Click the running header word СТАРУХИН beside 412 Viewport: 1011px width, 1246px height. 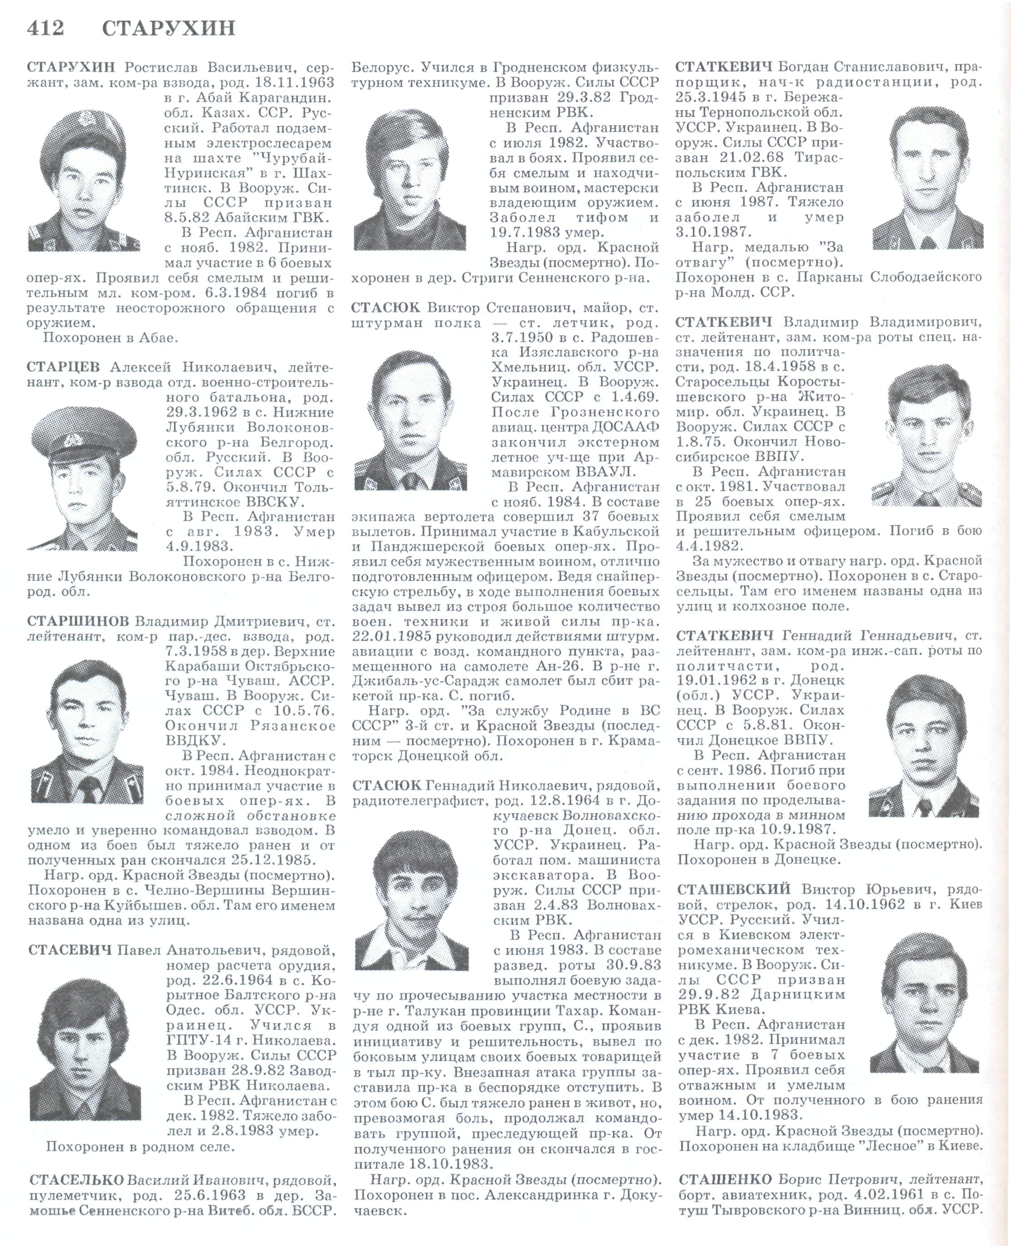(169, 28)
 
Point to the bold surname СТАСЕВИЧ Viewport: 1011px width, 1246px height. (70, 951)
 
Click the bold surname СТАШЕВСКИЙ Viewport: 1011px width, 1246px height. (734, 889)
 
